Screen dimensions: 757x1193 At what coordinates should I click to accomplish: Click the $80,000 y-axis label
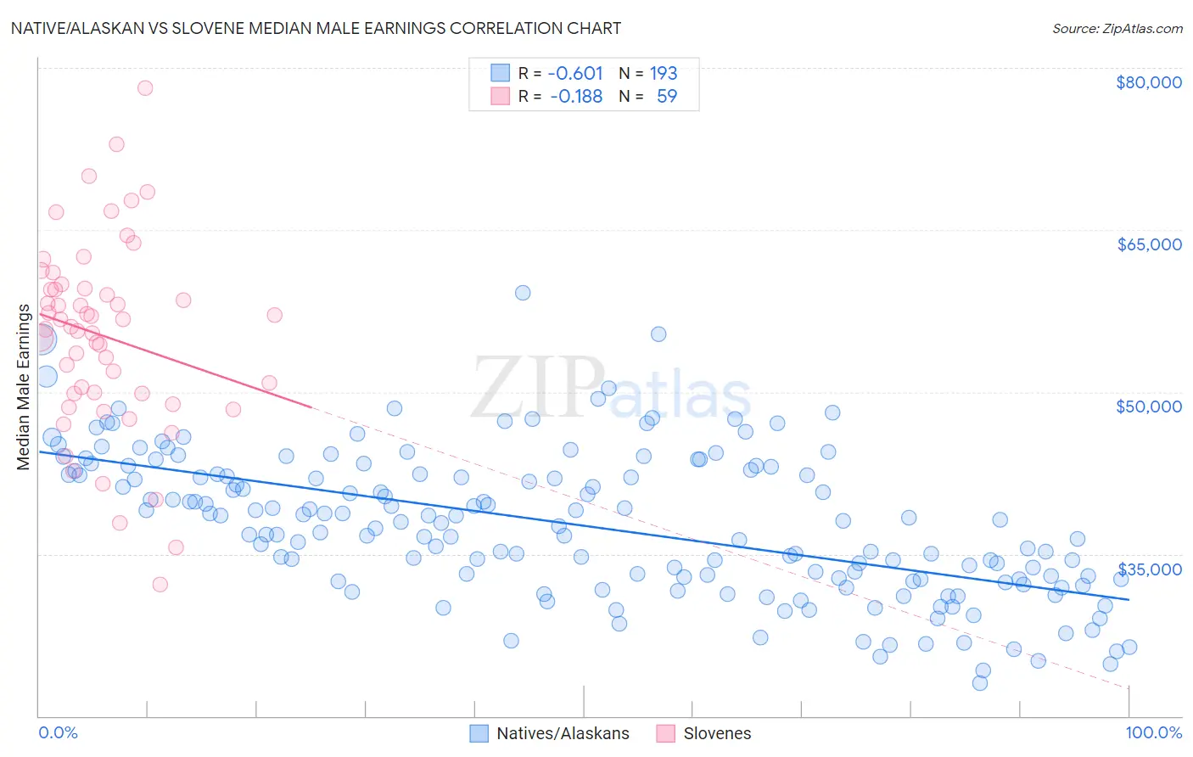tap(1148, 82)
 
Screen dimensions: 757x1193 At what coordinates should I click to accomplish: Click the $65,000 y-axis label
tap(1148, 244)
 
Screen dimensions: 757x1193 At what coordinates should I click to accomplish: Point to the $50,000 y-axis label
tap(1148, 407)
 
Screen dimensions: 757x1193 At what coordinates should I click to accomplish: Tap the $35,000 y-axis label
tap(1148, 569)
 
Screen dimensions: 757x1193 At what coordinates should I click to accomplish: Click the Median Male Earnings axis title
tap(24, 386)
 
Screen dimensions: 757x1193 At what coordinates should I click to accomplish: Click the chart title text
tap(316, 28)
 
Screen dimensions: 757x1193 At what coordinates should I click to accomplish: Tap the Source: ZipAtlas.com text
tap(1117, 28)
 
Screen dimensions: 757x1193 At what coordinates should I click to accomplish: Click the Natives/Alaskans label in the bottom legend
tap(563, 733)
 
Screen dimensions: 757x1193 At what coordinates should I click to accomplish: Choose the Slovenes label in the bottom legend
tap(717, 733)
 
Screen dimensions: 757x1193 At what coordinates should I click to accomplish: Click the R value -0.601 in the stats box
tap(575, 73)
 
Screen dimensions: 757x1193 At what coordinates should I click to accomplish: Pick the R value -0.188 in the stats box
tap(575, 97)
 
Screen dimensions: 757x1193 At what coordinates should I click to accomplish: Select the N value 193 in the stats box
tap(664, 73)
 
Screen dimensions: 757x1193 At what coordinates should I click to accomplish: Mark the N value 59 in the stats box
tap(667, 97)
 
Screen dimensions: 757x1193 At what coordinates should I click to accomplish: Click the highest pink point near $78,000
tap(145, 87)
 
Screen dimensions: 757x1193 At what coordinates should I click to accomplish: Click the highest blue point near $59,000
tap(523, 293)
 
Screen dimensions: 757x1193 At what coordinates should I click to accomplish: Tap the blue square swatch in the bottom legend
tap(479, 733)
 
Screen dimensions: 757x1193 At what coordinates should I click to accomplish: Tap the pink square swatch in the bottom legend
tap(665, 733)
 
